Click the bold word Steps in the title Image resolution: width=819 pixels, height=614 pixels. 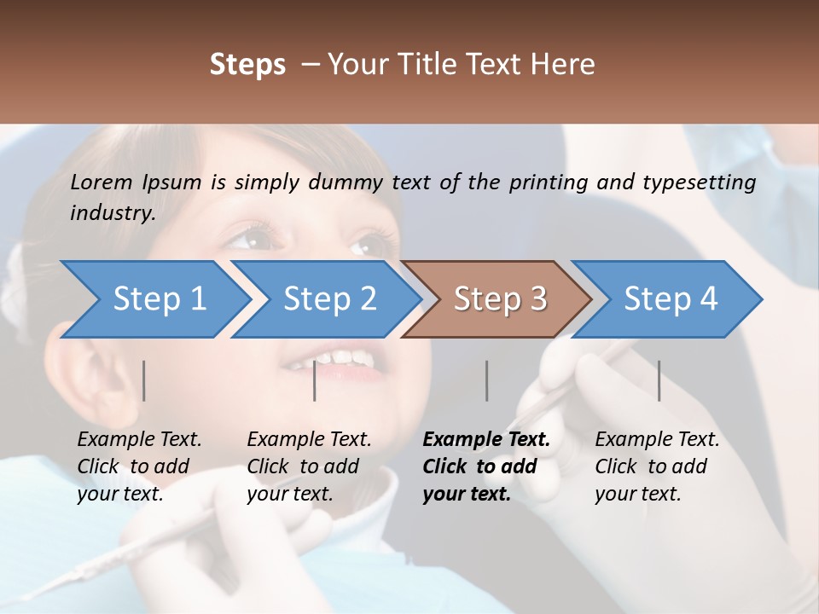(247, 65)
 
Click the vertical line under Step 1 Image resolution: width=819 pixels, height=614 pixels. (144, 380)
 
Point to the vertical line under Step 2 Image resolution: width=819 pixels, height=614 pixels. (315, 380)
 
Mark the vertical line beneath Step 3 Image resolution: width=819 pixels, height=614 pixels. (487, 380)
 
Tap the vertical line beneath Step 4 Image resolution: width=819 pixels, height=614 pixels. (659, 380)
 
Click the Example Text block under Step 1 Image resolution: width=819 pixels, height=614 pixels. (139, 466)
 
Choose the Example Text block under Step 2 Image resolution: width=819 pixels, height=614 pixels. (309, 466)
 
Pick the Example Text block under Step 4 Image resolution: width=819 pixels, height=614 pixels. (657, 466)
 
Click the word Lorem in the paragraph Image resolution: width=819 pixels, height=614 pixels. (102, 182)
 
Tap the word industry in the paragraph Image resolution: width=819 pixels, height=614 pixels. (112, 213)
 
